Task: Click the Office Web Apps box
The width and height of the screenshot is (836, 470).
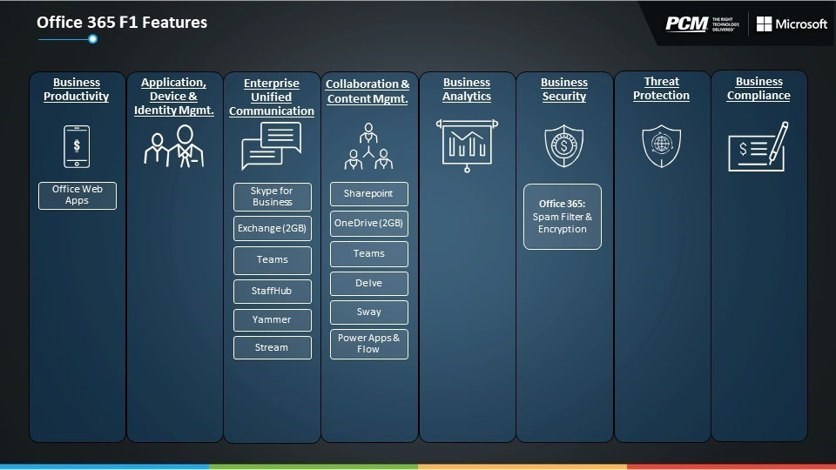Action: pyautogui.click(x=78, y=196)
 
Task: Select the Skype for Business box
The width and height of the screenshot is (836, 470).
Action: pyautogui.click(x=273, y=197)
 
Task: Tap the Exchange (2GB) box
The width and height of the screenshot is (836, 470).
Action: pyautogui.click(x=273, y=229)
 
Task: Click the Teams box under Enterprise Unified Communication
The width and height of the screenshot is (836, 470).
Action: pyautogui.click(x=273, y=260)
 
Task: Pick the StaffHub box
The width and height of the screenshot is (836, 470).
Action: pyautogui.click(x=273, y=291)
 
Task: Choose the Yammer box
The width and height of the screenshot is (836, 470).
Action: pyautogui.click(x=273, y=319)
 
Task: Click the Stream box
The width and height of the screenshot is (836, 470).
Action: pyautogui.click(x=273, y=347)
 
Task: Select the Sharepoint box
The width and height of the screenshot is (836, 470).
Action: pyautogui.click(x=369, y=194)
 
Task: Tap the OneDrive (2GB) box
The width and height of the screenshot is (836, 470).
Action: pyautogui.click(x=369, y=224)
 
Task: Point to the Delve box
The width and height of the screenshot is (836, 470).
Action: pyautogui.click(x=369, y=284)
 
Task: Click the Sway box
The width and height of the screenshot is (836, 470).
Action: pyautogui.click(x=369, y=312)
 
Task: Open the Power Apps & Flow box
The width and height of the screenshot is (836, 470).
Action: pyautogui.click(x=369, y=345)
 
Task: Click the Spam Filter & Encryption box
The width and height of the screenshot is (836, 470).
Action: pyautogui.click(x=563, y=217)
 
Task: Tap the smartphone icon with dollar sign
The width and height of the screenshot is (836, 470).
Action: pyautogui.click(x=77, y=146)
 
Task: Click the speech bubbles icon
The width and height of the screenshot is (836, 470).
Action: pyautogui.click(x=272, y=146)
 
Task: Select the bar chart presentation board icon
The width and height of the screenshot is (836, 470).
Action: pyautogui.click(x=467, y=145)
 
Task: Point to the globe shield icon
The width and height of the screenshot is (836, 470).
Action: pyautogui.click(x=662, y=146)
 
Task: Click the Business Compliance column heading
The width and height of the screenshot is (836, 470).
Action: pyautogui.click(x=758, y=89)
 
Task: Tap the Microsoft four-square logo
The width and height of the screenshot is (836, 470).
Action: pyautogui.click(x=764, y=24)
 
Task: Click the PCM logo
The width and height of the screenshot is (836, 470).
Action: pyautogui.click(x=687, y=24)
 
